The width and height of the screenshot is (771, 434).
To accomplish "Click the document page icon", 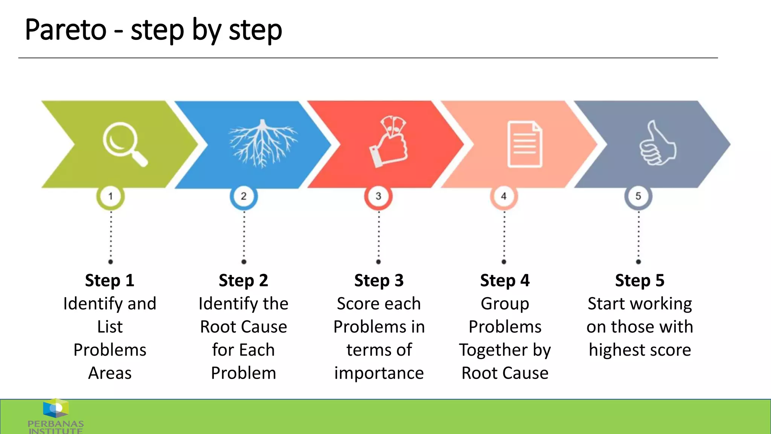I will point(524,144).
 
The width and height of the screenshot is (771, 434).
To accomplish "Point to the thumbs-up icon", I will point(657,144).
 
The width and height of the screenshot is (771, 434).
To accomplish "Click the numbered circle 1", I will point(110,196).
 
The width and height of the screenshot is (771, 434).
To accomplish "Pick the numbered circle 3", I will point(378,196).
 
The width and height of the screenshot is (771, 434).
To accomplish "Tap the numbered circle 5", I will point(638,196).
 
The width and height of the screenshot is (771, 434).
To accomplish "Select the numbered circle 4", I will point(504,196).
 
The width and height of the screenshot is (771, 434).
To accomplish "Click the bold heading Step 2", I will point(244,281).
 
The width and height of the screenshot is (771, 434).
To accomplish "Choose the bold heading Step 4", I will point(505,281).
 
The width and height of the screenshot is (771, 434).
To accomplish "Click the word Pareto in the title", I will point(66,30).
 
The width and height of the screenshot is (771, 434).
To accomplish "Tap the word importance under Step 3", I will point(379,373).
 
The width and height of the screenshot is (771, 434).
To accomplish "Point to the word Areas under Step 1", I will point(110,373).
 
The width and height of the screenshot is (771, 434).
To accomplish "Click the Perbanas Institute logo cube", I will point(56,408).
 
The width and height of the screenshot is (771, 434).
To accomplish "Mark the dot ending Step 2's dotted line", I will point(244,261).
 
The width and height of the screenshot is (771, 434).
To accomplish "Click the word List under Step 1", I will point(110,327).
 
